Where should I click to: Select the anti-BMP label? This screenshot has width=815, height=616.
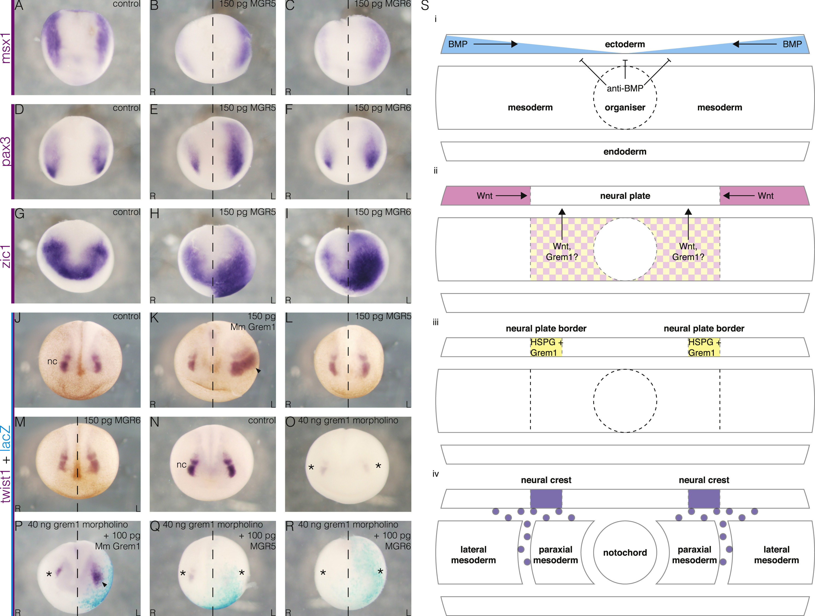[x=625, y=88]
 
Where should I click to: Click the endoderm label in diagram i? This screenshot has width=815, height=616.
[x=625, y=151]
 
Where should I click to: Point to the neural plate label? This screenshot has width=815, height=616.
[x=625, y=196]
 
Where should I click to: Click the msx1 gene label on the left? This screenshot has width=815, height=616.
[x=6, y=48]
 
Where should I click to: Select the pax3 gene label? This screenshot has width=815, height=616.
[x=6, y=151]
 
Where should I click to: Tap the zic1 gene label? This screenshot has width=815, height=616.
[x=6, y=256]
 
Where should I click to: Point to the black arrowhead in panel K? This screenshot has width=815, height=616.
[x=258, y=370]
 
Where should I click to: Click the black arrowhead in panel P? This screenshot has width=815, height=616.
[x=105, y=584]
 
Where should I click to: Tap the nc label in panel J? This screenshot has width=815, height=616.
[x=52, y=361]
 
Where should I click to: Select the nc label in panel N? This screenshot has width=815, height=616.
[x=181, y=465]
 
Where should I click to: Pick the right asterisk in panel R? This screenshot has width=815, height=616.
[x=380, y=571]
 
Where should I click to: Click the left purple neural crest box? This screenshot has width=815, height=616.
[x=546, y=499]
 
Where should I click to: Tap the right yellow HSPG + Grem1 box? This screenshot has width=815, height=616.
[x=704, y=347]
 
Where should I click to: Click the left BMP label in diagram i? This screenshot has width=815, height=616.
[x=458, y=44]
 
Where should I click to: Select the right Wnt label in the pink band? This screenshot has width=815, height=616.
[x=766, y=196]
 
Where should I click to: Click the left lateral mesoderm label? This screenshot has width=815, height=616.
[x=473, y=555]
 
